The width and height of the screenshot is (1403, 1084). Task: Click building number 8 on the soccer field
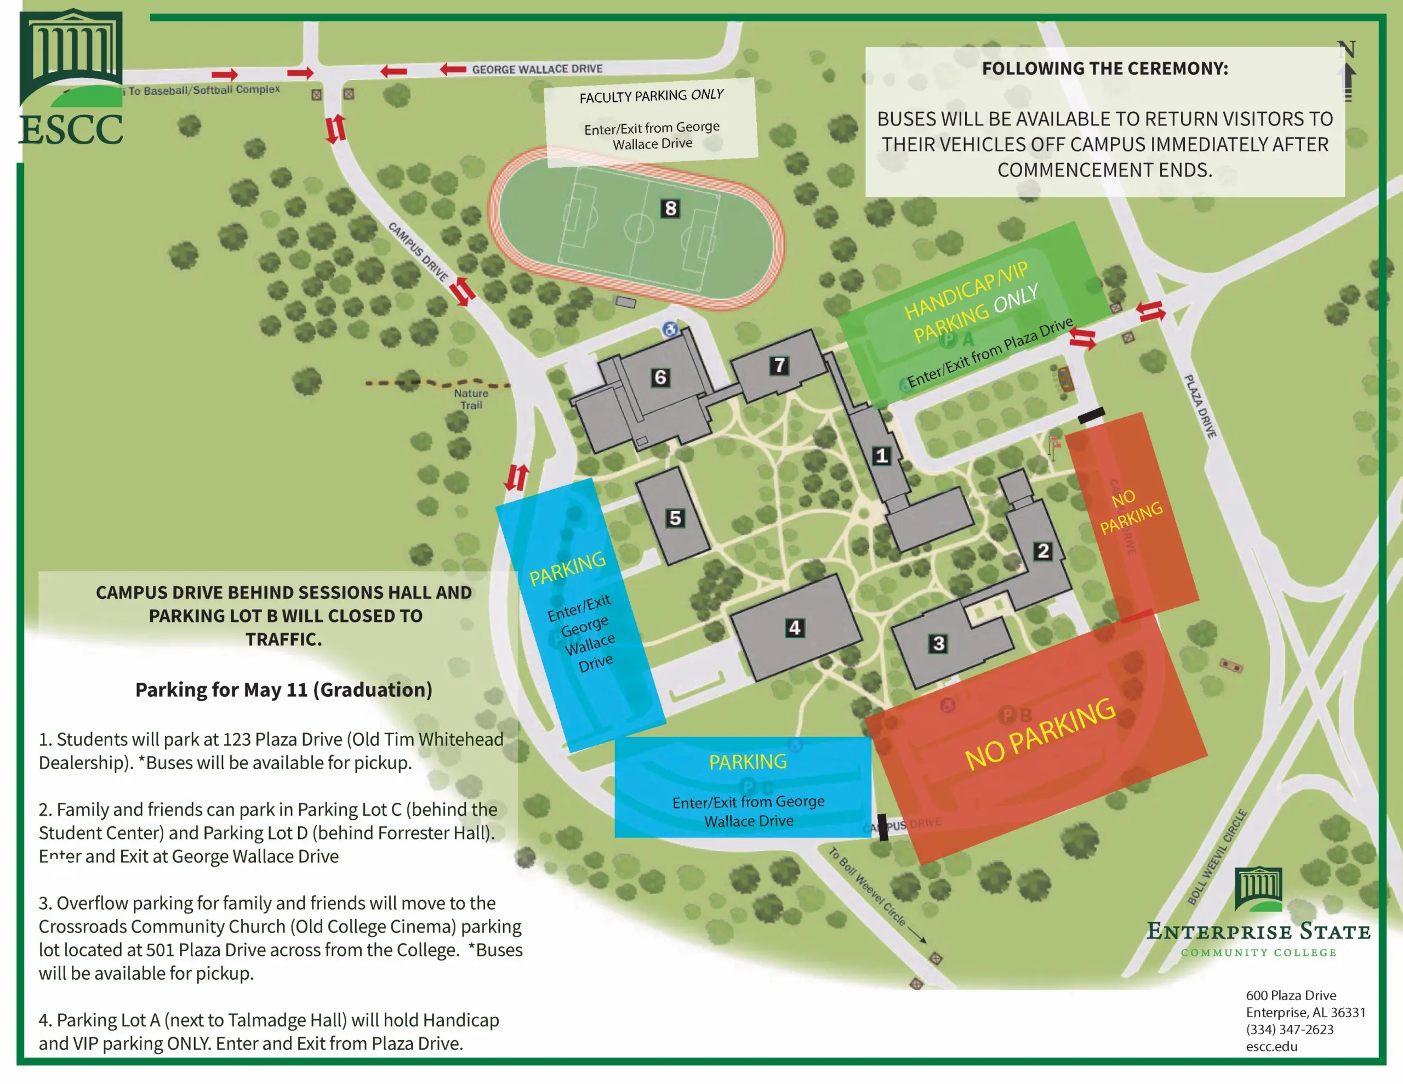pos(670,208)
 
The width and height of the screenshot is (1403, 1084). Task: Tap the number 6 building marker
pos(660,377)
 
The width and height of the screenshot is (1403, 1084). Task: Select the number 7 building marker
pos(779,366)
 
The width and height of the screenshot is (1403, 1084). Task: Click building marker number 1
pos(881,456)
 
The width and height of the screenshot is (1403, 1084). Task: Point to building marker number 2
pos(1042,550)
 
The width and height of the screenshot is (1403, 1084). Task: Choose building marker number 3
pos(939,643)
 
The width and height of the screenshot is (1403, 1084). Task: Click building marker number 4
pos(795,627)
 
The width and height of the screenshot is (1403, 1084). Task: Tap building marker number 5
pos(675,518)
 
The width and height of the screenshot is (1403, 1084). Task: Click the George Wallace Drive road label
pos(537,69)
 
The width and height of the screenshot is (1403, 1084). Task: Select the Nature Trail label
pos(471,399)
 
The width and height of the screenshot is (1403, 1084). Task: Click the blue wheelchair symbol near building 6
pos(670,330)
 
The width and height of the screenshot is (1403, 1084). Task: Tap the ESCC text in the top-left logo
pos(71,130)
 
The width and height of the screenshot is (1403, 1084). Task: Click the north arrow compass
pos(1347,71)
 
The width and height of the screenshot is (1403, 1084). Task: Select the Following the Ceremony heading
pos(1104,69)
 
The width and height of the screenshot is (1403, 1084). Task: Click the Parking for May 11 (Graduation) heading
pos(283,689)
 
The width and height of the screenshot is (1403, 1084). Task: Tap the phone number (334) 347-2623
pos(1290,1029)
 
